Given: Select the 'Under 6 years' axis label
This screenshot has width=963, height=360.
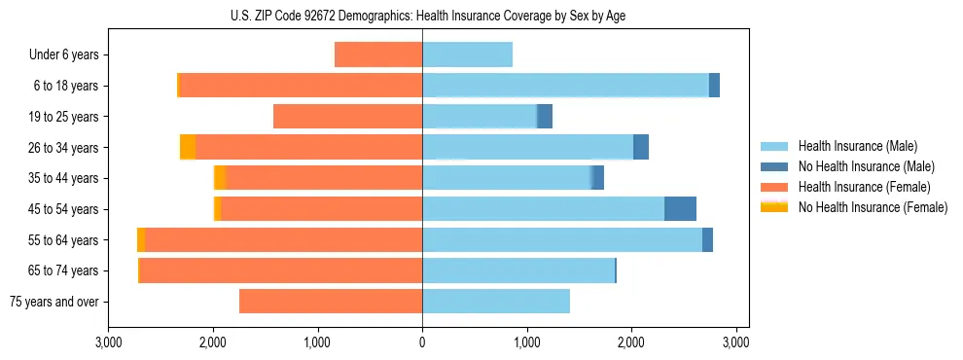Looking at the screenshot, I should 64,55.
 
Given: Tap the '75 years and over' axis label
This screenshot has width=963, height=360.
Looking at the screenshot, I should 53,302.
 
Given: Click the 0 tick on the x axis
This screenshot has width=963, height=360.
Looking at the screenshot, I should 422,342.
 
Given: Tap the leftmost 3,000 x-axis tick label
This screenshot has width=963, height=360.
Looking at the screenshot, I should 108,342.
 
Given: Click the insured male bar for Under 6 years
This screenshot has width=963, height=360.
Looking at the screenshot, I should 467,55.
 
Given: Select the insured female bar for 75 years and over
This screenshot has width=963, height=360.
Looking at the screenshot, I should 331,302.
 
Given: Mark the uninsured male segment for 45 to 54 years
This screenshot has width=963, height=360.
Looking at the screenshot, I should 680,209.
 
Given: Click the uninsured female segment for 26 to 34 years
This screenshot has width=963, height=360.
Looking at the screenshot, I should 188,148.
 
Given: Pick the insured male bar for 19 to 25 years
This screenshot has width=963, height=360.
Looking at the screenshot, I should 480,117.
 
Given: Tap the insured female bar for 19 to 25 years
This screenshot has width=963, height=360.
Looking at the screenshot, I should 347,117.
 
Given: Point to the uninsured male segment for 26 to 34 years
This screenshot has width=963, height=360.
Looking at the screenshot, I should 641,148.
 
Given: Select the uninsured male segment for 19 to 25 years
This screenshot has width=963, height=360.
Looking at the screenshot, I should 545,117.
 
